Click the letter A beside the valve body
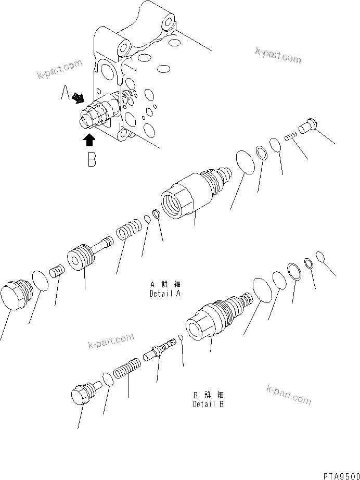[65, 93]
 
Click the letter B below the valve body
[92, 159]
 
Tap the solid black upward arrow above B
[89, 139]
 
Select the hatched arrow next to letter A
[79, 97]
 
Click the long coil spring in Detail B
[126, 368]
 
